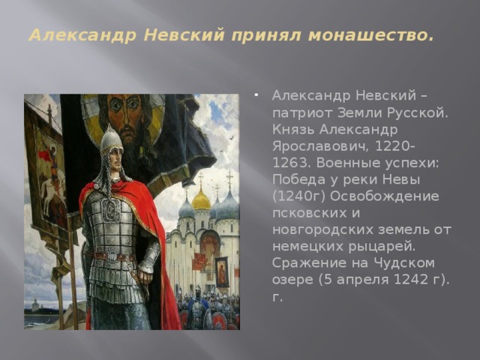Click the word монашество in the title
(x=371, y=35)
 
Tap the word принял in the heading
(x=266, y=35)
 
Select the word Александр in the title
(x=82, y=35)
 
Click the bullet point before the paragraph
(x=256, y=95)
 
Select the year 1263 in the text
(x=289, y=163)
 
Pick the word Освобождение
(x=385, y=196)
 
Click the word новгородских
(x=322, y=230)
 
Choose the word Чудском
(x=403, y=263)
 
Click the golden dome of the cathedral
(x=201, y=200)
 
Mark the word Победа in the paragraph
(x=292, y=180)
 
